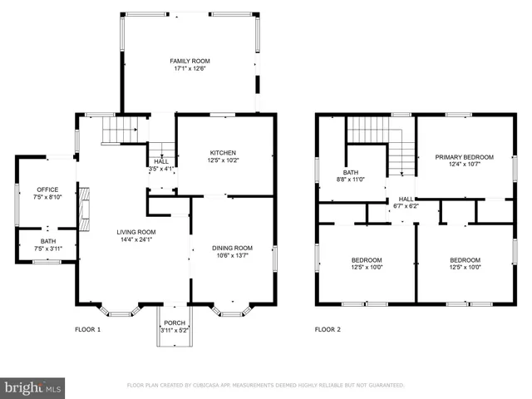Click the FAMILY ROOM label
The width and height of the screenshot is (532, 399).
click(x=190, y=61)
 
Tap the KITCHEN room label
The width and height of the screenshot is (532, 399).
click(x=223, y=153)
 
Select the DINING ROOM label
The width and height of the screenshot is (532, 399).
click(x=233, y=248)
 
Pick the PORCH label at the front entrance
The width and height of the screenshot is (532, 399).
click(x=175, y=323)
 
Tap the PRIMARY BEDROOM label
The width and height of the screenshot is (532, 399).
click(x=465, y=156)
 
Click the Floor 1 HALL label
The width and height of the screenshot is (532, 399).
click(x=161, y=161)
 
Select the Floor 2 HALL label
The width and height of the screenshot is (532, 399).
click(x=406, y=199)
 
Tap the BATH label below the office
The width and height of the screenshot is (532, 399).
click(x=47, y=241)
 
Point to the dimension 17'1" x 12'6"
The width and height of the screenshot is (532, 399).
click(x=190, y=69)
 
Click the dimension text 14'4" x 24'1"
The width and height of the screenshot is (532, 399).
click(x=135, y=240)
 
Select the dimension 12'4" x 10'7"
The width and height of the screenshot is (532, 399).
click(x=465, y=164)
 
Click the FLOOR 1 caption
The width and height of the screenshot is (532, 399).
click(x=87, y=329)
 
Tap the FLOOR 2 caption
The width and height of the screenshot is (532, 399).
click(x=327, y=329)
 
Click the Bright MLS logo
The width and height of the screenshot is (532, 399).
click(x=33, y=387)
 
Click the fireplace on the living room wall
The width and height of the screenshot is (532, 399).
click(x=83, y=209)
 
